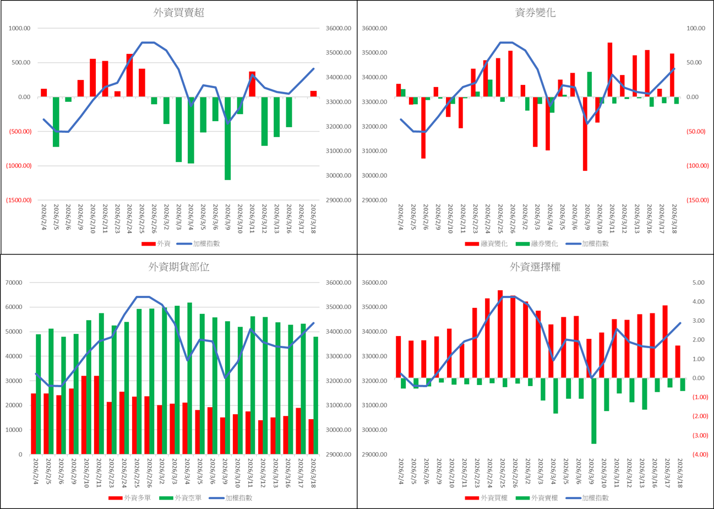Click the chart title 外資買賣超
[x=179, y=13]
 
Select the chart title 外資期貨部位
[x=179, y=267]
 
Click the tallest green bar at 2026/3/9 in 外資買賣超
[x=227, y=138]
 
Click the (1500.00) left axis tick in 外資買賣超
[x=20, y=201]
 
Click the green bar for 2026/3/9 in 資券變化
[x=590, y=84]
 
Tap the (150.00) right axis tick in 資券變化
[x=695, y=201]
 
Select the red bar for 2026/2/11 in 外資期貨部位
[x=96, y=415]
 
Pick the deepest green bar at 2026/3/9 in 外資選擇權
[x=594, y=410]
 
